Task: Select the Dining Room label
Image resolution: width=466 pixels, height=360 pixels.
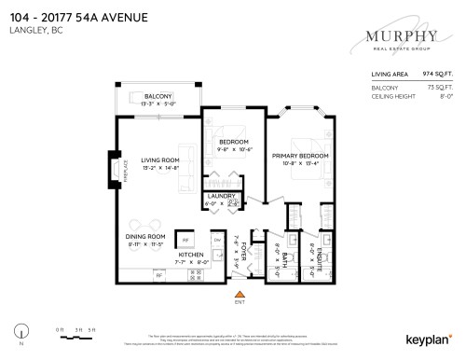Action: [x=144, y=237]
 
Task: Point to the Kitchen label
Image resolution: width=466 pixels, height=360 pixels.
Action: [x=191, y=255]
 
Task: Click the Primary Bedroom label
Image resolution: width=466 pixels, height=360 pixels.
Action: [x=299, y=157]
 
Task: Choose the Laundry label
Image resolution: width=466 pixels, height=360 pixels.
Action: [x=221, y=197]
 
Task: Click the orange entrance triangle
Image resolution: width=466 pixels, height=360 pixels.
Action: [x=239, y=295]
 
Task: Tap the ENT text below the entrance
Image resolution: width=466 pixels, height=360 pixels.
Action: [x=239, y=304]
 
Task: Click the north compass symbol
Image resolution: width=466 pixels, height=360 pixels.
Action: [x=21, y=328]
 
